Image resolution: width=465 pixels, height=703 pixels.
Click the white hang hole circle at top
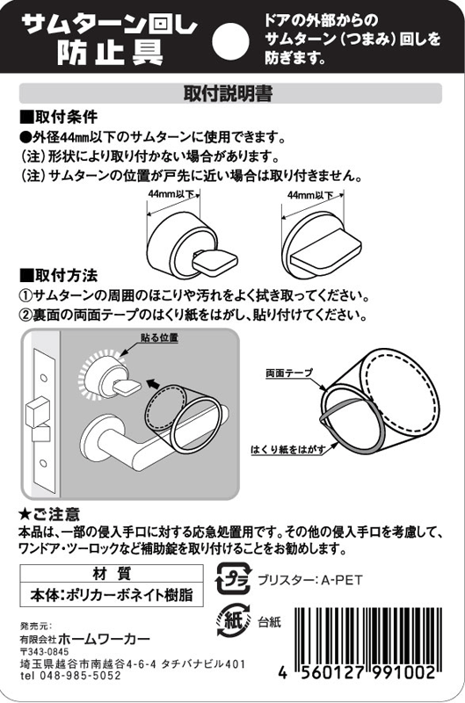(230, 41)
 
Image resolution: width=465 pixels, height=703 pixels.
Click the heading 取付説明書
(228, 94)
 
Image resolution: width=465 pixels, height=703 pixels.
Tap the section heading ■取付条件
(58, 117)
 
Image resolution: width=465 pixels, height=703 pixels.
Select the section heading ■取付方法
(58, 275)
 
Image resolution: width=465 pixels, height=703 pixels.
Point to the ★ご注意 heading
(48, 514)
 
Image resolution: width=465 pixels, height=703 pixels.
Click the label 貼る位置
(159, 337)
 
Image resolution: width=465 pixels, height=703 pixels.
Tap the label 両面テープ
(289, 373)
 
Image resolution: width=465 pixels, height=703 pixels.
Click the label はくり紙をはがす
(287, 449)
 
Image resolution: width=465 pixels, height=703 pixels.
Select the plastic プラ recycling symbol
(233, 579)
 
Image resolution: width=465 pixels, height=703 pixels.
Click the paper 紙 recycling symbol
(233, 621)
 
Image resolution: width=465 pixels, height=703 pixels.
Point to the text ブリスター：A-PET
(309, 580)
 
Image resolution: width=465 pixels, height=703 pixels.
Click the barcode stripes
(367, 635)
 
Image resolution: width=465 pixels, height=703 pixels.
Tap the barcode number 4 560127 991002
(357, 673)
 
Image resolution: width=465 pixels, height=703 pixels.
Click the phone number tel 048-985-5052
(70, 676)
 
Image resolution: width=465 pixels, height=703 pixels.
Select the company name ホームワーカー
(104, 639)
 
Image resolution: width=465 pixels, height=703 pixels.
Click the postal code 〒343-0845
(44, 652)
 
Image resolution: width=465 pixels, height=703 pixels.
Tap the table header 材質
(112, 574)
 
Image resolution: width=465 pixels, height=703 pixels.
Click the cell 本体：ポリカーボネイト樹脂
(112, 596)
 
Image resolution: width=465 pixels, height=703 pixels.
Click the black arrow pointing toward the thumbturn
(153, 383)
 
